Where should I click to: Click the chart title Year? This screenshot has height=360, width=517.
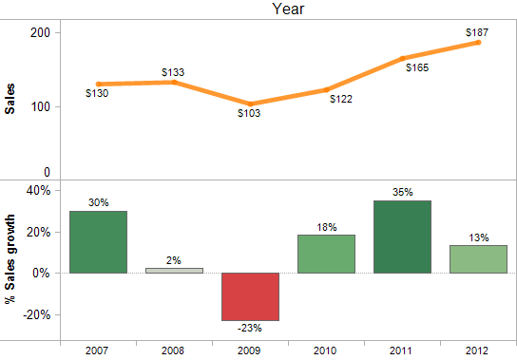(288, 9)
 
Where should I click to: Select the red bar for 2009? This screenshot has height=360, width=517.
(250, 296)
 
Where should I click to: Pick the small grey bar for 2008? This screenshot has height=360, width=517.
(174, 271)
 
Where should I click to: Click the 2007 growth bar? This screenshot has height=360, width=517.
(98, 242)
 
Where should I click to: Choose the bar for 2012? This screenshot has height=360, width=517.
(478, 259)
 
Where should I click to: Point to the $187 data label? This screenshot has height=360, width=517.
(477, 32)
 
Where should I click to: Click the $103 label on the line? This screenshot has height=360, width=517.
(249, 113)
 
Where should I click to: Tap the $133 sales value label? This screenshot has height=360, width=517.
(173, 72)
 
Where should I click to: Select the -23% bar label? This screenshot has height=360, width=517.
(249, 328)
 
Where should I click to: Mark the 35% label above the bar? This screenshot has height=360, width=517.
(402, 192)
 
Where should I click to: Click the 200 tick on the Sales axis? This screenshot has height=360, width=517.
(39, 32)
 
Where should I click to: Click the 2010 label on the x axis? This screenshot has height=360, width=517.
(326, 350)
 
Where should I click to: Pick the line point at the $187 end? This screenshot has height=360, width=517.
(478, 43)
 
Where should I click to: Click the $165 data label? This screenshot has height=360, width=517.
(418, 67)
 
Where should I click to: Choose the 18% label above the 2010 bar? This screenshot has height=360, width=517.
(326, 227)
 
